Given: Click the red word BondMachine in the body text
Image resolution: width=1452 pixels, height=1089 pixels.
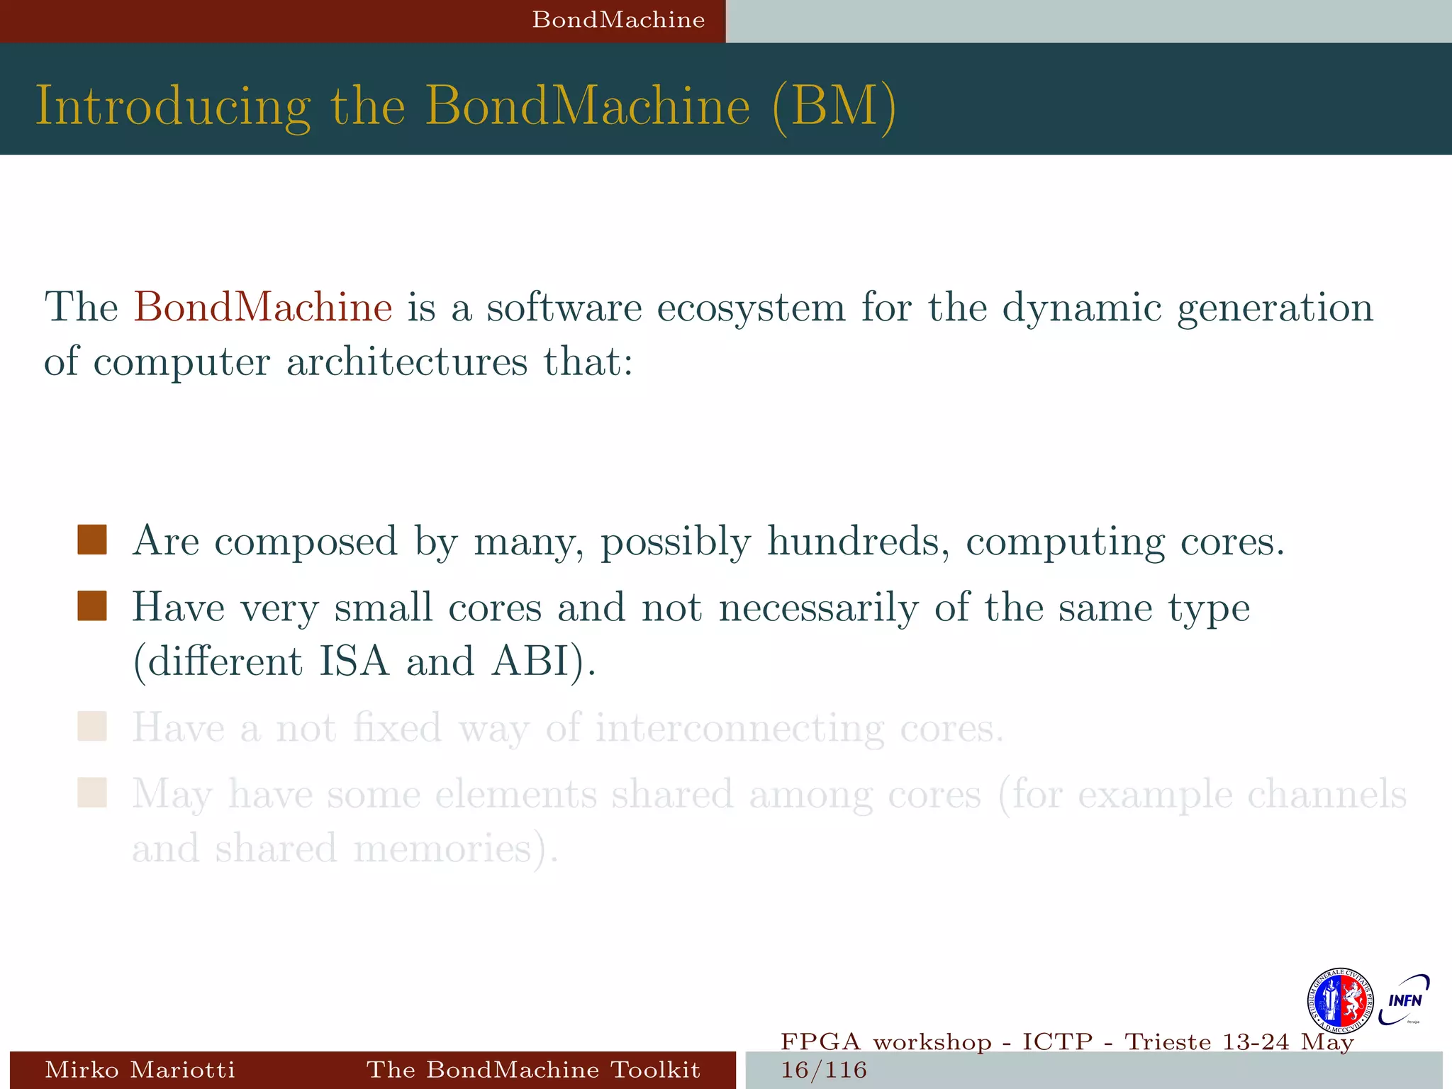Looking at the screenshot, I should [x=262, y=307].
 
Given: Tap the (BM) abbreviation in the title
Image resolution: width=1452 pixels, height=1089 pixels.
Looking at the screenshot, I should [x=834, y=106].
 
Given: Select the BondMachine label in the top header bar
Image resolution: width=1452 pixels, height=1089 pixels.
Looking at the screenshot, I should [x=618, y=20].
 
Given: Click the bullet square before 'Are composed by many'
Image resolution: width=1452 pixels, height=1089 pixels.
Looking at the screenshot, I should [x=92, y=540].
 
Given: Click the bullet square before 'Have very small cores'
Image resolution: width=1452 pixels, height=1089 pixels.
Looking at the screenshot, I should [x=92, y=606].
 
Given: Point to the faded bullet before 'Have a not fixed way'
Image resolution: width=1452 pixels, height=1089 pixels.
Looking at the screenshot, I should [x=92, y=727].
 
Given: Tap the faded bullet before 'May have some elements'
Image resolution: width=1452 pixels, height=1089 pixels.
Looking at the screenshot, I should [x=92, y=793].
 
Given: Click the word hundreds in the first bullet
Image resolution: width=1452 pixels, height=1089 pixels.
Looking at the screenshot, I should [x=858, y=541].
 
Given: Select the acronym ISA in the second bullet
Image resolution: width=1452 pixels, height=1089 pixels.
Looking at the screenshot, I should [x=354, y=661].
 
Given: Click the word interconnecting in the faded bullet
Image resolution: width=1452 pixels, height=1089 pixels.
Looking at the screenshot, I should [x=739, y=728].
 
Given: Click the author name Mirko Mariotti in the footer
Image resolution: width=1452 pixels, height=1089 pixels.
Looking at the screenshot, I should [x=140, y=1069].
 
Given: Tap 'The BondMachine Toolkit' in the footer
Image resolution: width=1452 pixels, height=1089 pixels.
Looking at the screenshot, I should [x=533, y=1069].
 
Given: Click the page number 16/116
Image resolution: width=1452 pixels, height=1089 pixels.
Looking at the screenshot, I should [x=824, y=1070].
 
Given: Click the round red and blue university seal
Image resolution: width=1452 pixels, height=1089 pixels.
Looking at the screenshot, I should [x=1339, y=1001].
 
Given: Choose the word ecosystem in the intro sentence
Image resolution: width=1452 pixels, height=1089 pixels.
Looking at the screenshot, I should [x=752, y=307].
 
